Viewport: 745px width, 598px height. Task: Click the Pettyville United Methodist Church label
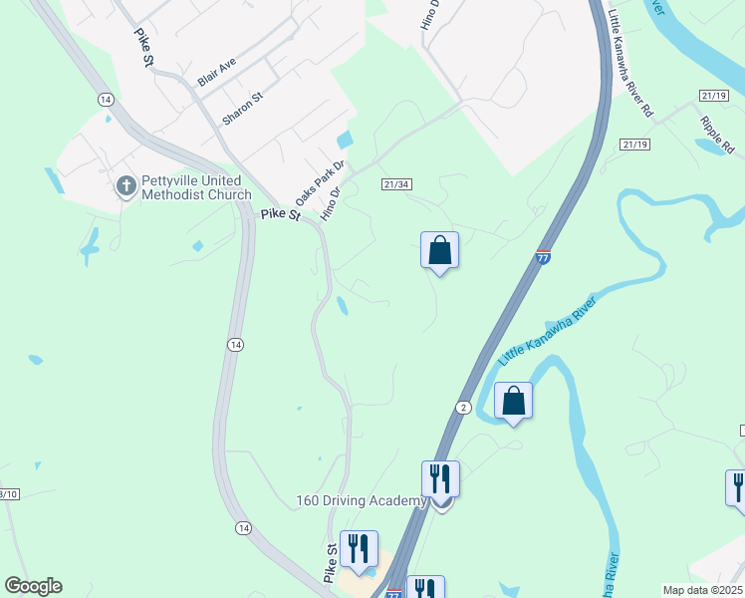point(196,186)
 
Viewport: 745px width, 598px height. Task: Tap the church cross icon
point(126,186)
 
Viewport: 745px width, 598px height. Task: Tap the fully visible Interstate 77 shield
point(543,256)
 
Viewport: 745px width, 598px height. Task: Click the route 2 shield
point(463,407)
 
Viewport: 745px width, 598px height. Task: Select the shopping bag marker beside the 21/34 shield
point(439,251)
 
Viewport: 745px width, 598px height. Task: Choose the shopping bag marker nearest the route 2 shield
point(513,402)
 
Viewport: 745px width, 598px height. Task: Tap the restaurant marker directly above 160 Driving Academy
point(439,479)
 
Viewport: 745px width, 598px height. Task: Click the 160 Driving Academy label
point(361,501)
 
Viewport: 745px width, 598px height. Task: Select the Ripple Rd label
point(715,134)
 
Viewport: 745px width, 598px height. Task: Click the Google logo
point(33,586)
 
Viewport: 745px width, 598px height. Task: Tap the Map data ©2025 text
point(701,590)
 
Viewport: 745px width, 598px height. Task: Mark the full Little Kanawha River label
point(547,330)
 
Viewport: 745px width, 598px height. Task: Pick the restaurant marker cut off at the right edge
point(737,488)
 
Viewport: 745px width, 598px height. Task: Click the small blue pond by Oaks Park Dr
point(345,141)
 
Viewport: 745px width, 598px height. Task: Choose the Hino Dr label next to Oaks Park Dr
point(331,202)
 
